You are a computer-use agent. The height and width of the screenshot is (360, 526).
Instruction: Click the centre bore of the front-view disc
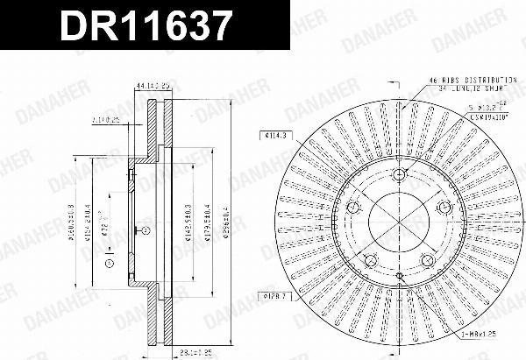(399, 222)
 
